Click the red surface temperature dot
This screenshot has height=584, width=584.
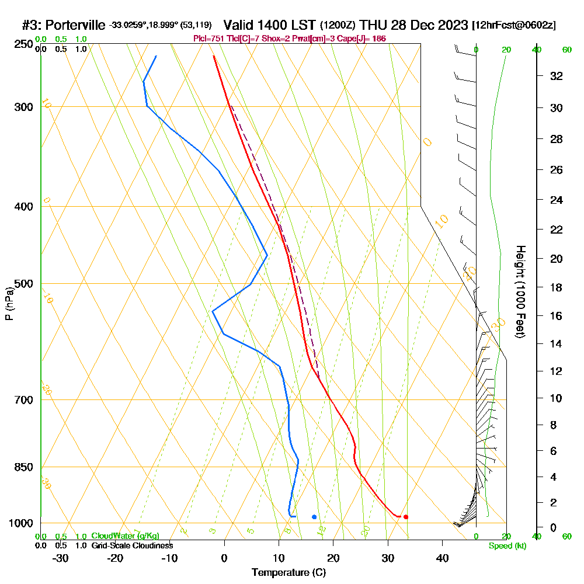[406, 517]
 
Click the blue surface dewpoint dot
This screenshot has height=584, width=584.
[314, 517]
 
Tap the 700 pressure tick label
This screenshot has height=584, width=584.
[23, 400]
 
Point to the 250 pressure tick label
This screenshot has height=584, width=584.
[23, 44]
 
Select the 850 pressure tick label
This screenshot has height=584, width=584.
[23, 467]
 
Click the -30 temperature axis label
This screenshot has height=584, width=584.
[61, 558]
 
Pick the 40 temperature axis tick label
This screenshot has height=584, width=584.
[442, 558]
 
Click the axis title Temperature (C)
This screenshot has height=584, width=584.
[288, 573]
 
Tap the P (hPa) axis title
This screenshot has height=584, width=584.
[9, 304]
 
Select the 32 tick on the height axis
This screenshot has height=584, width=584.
[557, 76]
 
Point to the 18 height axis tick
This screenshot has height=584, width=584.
[557, 287]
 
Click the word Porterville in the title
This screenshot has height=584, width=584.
[75, 25]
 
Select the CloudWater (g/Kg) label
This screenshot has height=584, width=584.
[125, 536]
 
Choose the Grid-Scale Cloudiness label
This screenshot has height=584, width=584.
[132, 545]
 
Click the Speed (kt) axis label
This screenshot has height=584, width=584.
[507, 546]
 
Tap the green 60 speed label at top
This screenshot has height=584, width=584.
[566, 50]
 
